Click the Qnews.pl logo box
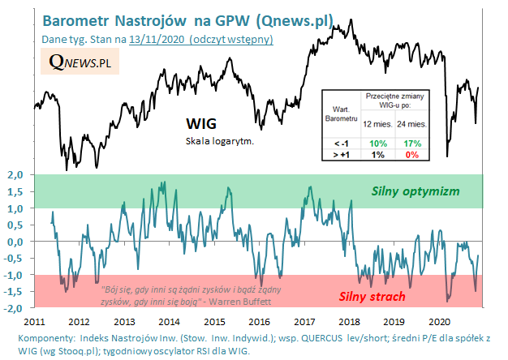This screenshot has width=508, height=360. (80, 62)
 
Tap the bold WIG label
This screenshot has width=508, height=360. (200, 124)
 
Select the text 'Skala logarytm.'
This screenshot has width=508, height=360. (220, 141)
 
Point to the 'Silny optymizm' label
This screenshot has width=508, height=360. (415, 192)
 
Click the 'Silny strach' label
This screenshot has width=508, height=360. (372, 296)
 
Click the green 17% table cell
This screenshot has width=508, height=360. (411, 143)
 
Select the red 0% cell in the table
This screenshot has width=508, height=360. (411, 155)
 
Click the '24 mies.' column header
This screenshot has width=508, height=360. (412, 124)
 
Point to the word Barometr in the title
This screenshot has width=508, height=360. (80, 19)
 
